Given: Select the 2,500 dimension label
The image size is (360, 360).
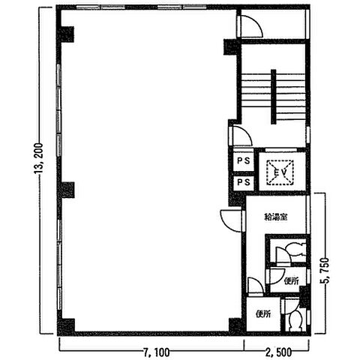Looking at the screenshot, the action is coord(278,352).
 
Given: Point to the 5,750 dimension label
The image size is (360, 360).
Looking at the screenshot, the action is coord(325,270).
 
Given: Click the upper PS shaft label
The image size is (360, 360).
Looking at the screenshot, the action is coord(244,160).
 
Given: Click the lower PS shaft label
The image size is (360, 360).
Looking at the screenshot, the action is coord(244,182).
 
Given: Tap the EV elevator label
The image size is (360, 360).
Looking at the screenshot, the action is coord(280,172).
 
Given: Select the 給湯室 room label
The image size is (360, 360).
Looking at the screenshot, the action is coord(276,217).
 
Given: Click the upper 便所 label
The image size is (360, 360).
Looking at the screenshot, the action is coord(292,281).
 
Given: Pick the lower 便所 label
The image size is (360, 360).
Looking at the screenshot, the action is coord(263,314).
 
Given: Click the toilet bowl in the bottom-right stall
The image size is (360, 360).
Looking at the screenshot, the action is coord(295,320).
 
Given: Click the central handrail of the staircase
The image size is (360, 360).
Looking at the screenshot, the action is coord(274,97).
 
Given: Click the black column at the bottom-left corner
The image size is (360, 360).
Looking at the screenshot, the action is coord(66,326).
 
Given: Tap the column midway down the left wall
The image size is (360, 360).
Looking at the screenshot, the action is coord(67,190).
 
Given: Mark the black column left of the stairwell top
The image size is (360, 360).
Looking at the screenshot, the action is coord(230,47).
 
